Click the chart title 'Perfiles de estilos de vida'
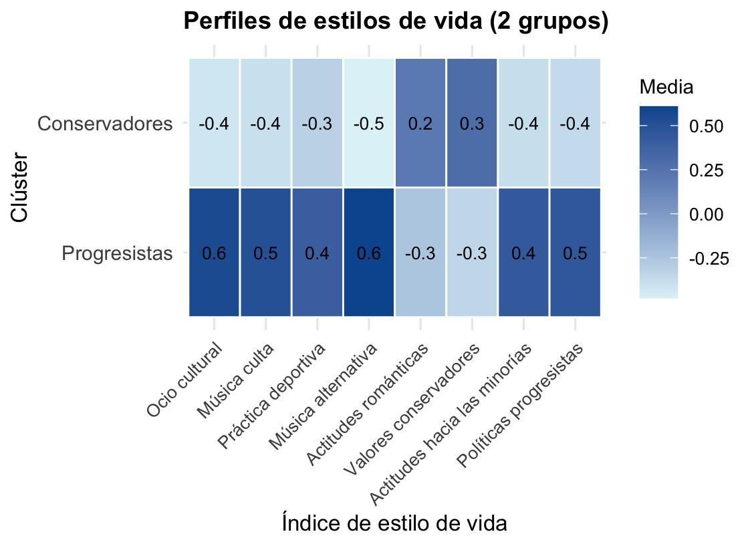396,21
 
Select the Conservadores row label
105,124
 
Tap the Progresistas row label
117,254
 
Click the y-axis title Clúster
20,187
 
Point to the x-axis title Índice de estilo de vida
394,523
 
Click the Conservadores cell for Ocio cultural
214,124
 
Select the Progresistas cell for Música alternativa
369,253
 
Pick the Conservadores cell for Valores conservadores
472,124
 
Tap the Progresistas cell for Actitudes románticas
420,253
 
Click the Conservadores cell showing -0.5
369,124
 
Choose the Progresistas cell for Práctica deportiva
318,253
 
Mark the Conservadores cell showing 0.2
420,124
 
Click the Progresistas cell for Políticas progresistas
575,253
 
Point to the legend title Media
666,88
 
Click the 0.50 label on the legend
707,126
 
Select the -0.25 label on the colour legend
709,259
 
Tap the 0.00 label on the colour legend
707,215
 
